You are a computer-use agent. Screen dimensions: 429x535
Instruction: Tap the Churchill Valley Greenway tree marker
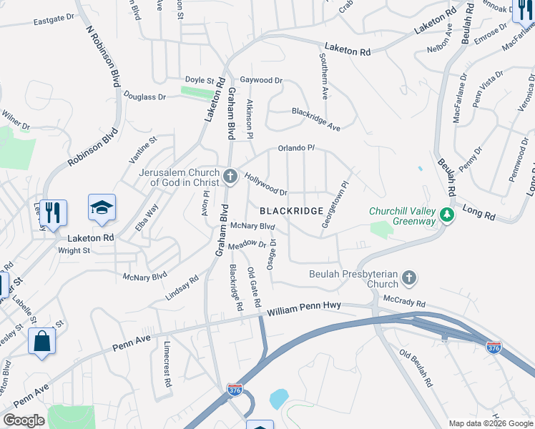point(447,215)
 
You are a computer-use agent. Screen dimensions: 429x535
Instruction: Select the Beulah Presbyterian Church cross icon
point(408,277)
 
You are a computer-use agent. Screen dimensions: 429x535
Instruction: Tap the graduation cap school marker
point(102,207)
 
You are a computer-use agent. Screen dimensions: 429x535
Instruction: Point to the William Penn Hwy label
point(305,309)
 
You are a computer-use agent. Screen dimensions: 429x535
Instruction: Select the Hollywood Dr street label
point(265,184)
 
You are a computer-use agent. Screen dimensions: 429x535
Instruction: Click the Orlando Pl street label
point(296,149)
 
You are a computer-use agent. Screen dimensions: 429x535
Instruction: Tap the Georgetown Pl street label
point(336,204)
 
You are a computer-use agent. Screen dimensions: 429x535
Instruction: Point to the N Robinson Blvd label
point(103,58)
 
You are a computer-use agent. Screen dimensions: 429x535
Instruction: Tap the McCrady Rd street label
point(404,301)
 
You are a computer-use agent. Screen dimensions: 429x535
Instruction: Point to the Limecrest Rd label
point(167,365)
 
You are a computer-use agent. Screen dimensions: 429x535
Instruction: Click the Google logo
point(24,420)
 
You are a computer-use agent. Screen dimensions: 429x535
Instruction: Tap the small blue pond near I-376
point(278,398)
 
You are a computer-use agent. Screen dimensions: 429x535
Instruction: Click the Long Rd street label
point(478,214)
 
